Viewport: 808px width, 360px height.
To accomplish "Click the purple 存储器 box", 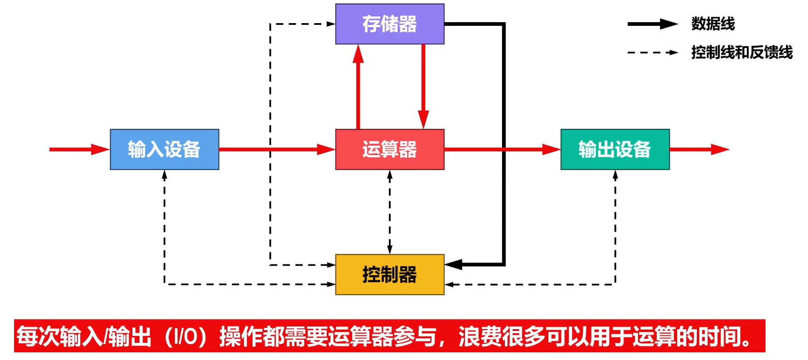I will pyautogui.click(x=390, y=24).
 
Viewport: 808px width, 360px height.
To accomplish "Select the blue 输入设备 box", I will pyautogui.click(x=165, y=149).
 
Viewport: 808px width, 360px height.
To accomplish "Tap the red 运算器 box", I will pyautogui.click(x=390, y=149).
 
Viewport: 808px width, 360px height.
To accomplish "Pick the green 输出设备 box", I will pyautogui.click(x=615, y=149).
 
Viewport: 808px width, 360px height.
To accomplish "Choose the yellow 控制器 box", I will pyautogui.click(x=390, y=274).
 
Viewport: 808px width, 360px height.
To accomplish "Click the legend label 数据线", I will pyautogui.click(x=713, y=24).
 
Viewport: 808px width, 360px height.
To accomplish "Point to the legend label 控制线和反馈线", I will pyautogui.click(x=742, y=53).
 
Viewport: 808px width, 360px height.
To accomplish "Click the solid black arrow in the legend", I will pyautogui.click(x=653, y=24).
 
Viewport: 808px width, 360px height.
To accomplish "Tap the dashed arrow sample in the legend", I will pyautogui.click(x=653, y=53).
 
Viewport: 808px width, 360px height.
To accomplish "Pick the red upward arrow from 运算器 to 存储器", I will pyautogui.click(x=358, y=86).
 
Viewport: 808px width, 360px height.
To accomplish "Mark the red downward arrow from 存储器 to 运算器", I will pyautogui.click(x=423, y=86).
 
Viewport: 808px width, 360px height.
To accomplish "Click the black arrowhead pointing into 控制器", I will pyautogui.click(x=453, y=264).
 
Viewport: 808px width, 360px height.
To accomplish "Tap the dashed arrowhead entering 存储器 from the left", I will pyautogui.click(x=331, y=24).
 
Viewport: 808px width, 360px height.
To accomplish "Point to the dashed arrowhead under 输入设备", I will pyautogui.click(x=165, y=175).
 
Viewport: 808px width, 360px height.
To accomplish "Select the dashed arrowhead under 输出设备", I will pyautogui.click(x=615, y=175).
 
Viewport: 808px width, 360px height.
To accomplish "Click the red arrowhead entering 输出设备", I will pyautogui.click(x=552, y=149).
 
